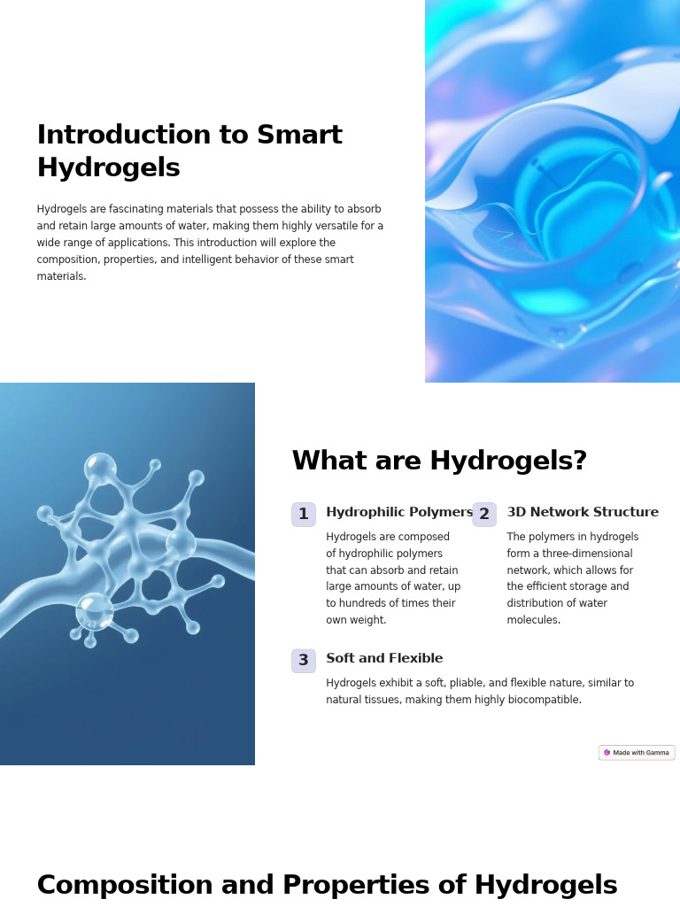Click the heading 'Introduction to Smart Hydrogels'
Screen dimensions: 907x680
pos(189,151)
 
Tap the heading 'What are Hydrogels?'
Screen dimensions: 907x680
pos(439,461)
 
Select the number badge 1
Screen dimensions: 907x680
pos(304,515)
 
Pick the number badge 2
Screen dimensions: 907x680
pos(484,515)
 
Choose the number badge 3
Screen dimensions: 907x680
pos(304,661)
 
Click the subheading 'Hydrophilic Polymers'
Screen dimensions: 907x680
pos(399,513)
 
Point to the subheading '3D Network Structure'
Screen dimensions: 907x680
pos(583,513)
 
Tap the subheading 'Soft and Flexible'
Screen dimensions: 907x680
pos(384,659)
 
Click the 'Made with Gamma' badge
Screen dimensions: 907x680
pos(637,753)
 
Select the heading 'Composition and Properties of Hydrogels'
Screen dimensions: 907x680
pos(327,886)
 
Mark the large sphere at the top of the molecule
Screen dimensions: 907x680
pos(100,469)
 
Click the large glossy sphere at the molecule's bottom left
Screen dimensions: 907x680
pos(94,611)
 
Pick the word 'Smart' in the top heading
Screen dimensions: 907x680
pos(299,136)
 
